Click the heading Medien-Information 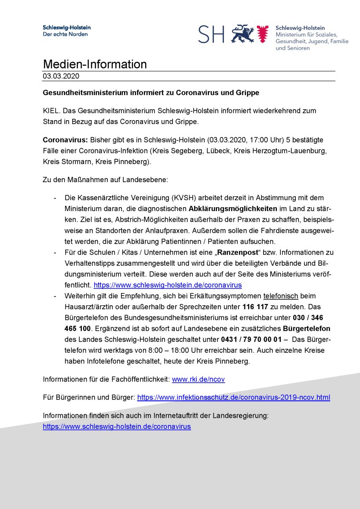(95, 64)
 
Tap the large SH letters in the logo (211, 34)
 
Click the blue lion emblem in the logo (242, 33)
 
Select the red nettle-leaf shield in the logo (263, 34)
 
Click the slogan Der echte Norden (65, 34)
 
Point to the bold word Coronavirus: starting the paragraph (65, 140)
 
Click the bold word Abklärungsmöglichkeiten (233, 208)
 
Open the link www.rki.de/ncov (198, 379)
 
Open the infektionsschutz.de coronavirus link (233, 397)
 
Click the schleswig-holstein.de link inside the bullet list (168, 285)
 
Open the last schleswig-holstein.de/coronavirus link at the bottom (117, 426)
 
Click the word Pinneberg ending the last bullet (233, 361)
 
